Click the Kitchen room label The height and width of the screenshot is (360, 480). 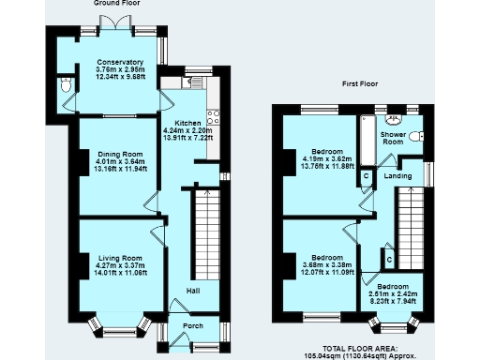point(181,122)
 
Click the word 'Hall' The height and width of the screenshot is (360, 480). point(192,291)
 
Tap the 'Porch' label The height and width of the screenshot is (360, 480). point(192,326)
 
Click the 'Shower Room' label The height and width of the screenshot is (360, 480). point(393,139)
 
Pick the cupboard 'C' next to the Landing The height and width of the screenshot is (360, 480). point(366,176)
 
